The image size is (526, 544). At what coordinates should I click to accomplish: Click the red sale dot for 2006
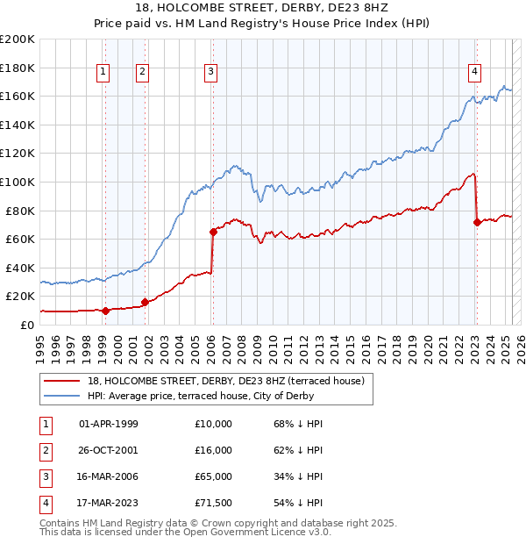213,233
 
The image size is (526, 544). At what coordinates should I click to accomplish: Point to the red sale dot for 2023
477,223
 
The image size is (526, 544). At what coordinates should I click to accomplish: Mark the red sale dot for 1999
105,311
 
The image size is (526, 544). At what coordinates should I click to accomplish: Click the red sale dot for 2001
145,302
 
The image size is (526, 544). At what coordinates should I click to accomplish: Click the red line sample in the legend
62,380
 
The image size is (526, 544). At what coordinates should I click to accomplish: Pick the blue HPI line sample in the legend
62,395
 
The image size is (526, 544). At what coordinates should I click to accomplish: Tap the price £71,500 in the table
214,503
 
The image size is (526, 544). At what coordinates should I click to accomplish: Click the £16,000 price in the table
214,450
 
